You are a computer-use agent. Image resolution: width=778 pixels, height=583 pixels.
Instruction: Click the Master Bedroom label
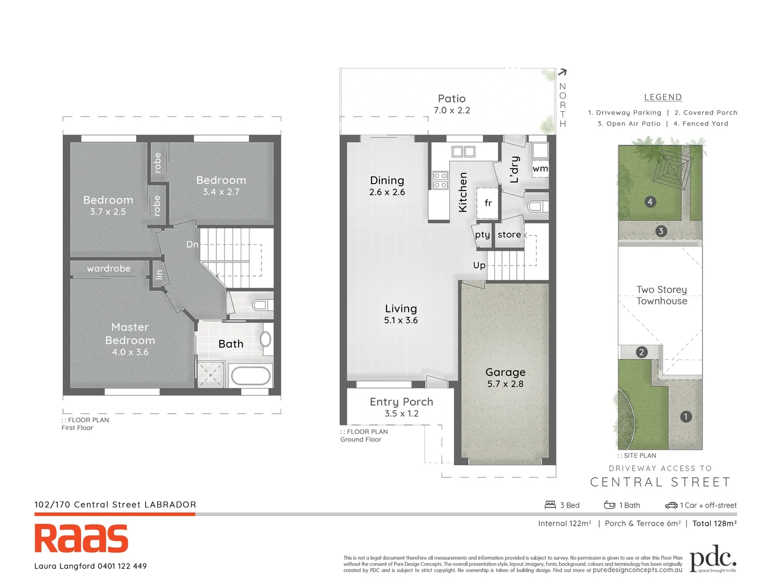130,334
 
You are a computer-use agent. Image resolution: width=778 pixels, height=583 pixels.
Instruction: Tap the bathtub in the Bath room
250,376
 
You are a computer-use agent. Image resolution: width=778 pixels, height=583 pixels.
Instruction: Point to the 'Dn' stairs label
192,245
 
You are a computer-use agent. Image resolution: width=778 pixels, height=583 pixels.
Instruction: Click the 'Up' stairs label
479,265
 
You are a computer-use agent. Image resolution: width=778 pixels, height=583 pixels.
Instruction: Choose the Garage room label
505,372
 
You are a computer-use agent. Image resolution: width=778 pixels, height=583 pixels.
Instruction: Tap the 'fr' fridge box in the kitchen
488,203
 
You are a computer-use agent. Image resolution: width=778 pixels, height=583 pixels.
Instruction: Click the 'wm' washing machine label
540,168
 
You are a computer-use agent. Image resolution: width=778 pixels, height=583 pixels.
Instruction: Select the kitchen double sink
463,152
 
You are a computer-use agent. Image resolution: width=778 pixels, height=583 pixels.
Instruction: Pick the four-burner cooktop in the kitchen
441,180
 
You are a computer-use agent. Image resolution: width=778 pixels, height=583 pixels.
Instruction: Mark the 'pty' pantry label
483,235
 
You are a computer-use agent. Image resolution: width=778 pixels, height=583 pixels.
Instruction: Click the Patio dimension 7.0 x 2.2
452,110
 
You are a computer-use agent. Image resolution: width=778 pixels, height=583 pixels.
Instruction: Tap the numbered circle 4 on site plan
650,202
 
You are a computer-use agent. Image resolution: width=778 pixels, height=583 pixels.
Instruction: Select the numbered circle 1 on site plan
686,417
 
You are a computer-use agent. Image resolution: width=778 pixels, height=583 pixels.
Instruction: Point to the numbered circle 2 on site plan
641,352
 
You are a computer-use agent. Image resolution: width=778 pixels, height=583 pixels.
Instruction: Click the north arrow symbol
562,72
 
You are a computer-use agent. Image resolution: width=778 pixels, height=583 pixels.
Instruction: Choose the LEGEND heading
663,97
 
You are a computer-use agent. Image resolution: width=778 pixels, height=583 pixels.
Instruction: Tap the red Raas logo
82,538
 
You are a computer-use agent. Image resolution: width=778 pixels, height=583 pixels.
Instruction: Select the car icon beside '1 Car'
671,505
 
